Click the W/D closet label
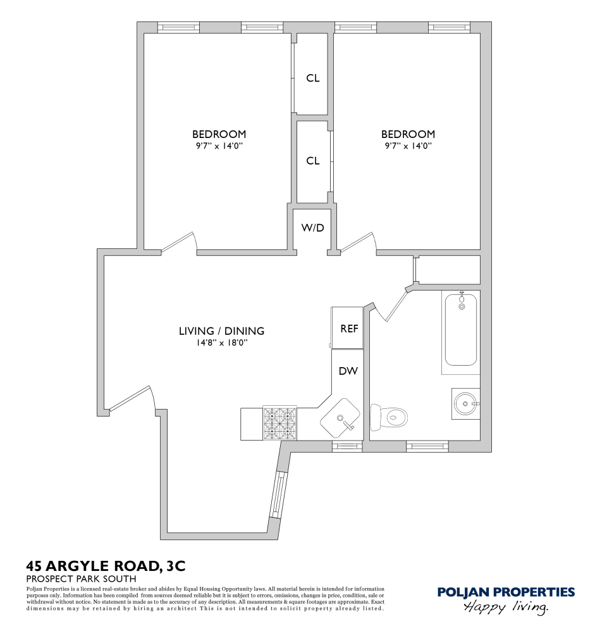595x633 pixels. pyautogui.click(x=312, y=227)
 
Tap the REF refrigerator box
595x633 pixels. pyautogui.click(x=349, y=328)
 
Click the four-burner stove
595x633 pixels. pyautogui.click(x=280, y=423)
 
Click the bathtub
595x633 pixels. pyautogui.click(x=462, y=329)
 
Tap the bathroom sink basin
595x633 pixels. pyautogui.click(x=467, y=403)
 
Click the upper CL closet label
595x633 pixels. pyautogui.click(x=312, y=78)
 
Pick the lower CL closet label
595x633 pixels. pyautogui.click(x=312, y=161)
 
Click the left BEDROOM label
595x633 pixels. pyautogui.click(x=219, y=134)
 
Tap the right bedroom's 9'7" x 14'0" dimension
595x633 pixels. pyautogui.click(x=408, y=146)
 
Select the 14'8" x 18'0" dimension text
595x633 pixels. pyautogui.click(x=221, y=342)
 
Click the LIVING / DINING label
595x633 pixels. pyautogui.click(x=221, y=330)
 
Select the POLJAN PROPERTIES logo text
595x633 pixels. pyautogui.click(x=506, y=592)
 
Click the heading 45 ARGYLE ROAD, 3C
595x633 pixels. pyautogui.click(x=106, y=565)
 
